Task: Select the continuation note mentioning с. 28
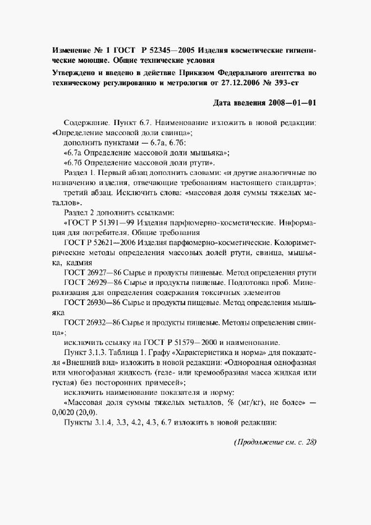tap(274, 443)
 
